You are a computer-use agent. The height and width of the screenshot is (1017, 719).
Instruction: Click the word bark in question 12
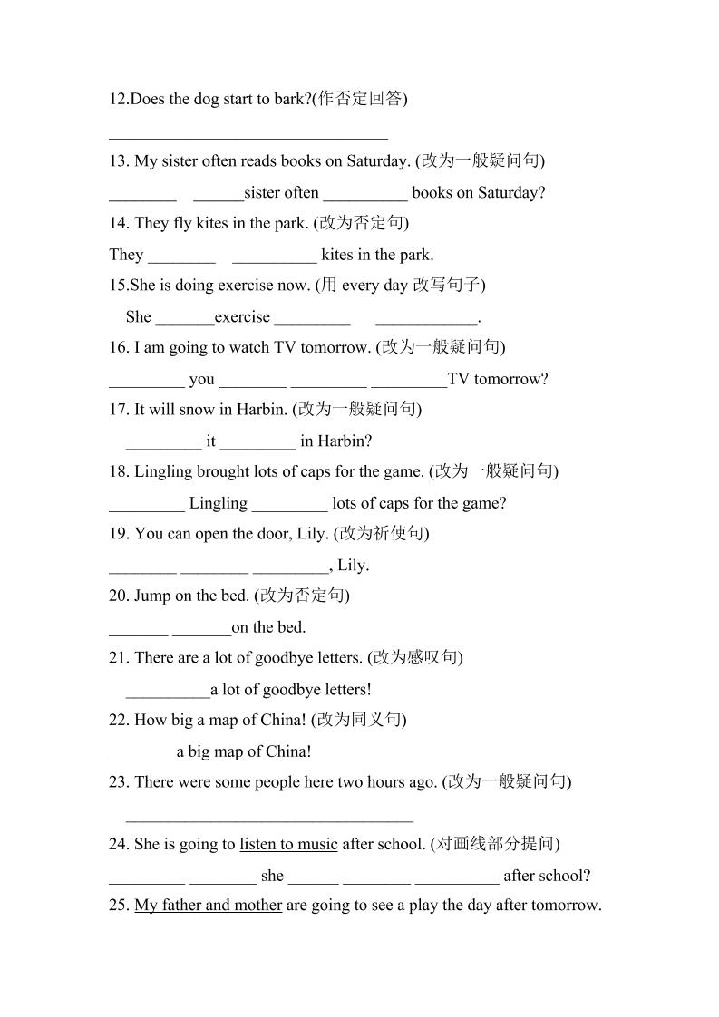pos(289,99)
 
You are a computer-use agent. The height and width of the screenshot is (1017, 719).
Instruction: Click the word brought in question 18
pos(223,471)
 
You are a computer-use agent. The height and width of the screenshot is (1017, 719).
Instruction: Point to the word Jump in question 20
pos(151,596)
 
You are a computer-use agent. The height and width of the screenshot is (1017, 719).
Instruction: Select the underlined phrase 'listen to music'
pos(288,845)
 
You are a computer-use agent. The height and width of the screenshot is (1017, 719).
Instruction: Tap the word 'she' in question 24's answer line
pos(272,877)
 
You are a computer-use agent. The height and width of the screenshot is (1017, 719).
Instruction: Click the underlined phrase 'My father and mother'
pos(208,906)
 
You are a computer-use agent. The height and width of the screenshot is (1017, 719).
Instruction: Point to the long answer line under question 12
pos(248,136)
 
